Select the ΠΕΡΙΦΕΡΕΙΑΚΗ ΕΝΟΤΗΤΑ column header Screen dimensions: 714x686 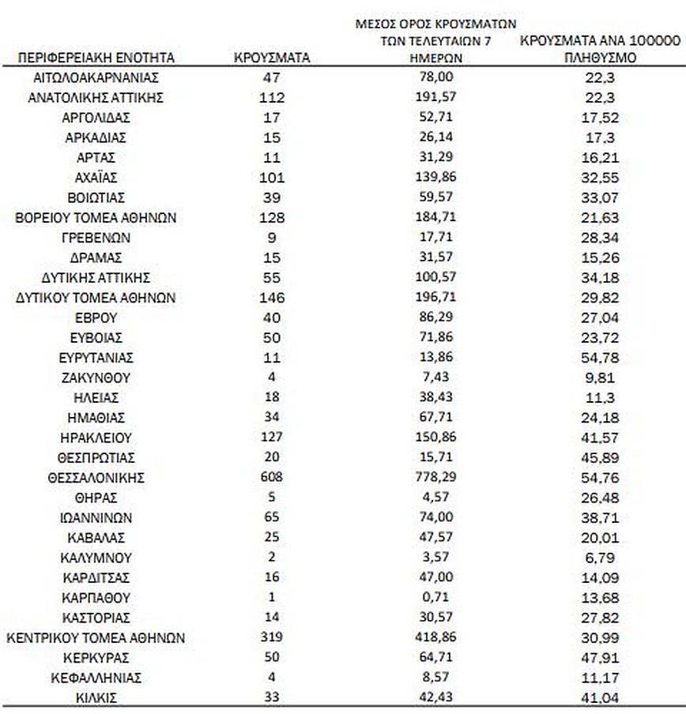coord(95,58)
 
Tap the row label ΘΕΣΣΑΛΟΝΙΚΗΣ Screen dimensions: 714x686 coord(95,478)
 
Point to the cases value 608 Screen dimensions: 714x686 coord(271,478)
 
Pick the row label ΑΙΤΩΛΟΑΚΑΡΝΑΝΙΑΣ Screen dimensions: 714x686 coord(95,77)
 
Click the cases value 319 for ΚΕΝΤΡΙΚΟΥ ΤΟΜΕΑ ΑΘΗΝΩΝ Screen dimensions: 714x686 coord(271,637)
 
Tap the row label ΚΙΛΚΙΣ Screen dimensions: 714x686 coord(95,697)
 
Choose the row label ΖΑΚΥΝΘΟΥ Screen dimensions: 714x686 coord(95,378)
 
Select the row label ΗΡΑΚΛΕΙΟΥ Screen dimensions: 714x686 coord(95,438)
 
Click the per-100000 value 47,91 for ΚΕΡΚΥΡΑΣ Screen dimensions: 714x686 coord(598,658)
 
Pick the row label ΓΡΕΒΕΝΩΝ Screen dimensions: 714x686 coord(95,238)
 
